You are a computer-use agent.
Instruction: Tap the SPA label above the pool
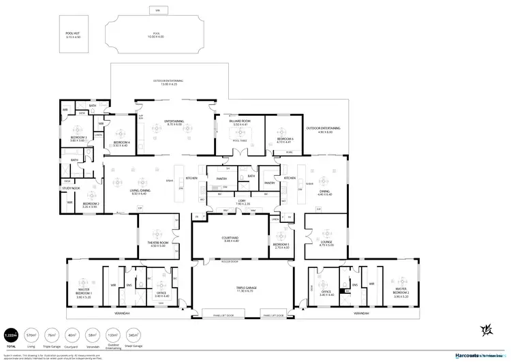coord(157,10)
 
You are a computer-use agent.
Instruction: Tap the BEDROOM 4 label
coord(121,144)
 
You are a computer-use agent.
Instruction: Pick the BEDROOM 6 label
coord(285,140)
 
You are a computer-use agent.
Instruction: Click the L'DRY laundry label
coord(243,202)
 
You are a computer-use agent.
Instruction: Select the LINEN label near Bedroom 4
coord(99,135)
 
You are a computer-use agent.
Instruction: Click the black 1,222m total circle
coord(10,335)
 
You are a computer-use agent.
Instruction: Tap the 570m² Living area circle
coord(30,335)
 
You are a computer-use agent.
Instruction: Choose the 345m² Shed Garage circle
coord(132,335)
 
